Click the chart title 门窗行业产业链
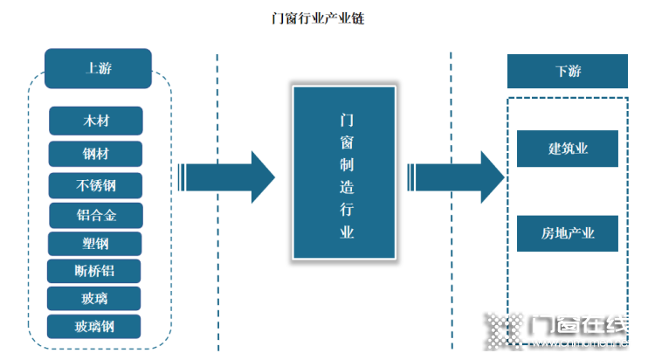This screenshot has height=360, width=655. [318, 18]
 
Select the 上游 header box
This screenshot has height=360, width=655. [98, 68]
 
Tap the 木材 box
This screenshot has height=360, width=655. [96, 121]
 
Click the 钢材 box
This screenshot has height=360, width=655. [95, 154]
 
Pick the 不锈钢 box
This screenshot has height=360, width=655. [95, 185]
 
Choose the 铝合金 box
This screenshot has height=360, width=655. [96, 215]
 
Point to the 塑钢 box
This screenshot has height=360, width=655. [95, 243]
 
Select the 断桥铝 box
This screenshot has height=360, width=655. [94, 271]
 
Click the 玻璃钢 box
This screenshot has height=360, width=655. [94, 327]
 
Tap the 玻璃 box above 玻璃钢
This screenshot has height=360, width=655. [94, 299]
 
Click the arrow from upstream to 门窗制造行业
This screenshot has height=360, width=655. [226, 177]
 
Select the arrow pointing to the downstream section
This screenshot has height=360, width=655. [456, 177]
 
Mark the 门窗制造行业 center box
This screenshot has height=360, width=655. [344, 172]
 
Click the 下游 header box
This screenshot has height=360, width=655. [568, 71]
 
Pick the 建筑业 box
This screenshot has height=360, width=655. [568, 149]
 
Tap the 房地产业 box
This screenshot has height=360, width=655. [568, 233]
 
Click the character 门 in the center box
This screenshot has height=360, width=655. [347, 121]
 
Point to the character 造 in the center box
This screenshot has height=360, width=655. [347, 187]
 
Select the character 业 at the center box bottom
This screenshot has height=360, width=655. [347, 232]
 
